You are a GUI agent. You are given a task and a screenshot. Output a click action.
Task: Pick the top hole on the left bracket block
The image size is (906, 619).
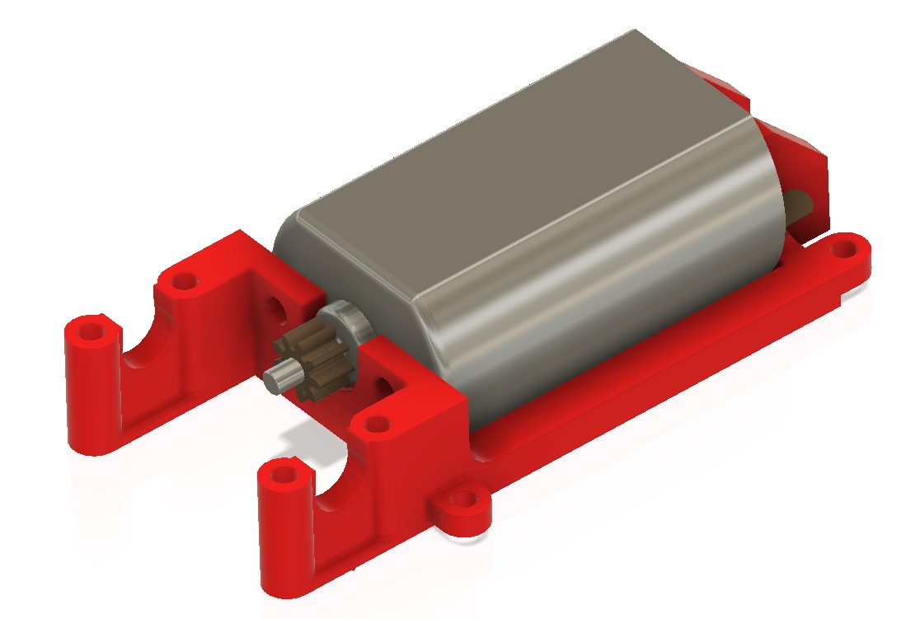(184, 282)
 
